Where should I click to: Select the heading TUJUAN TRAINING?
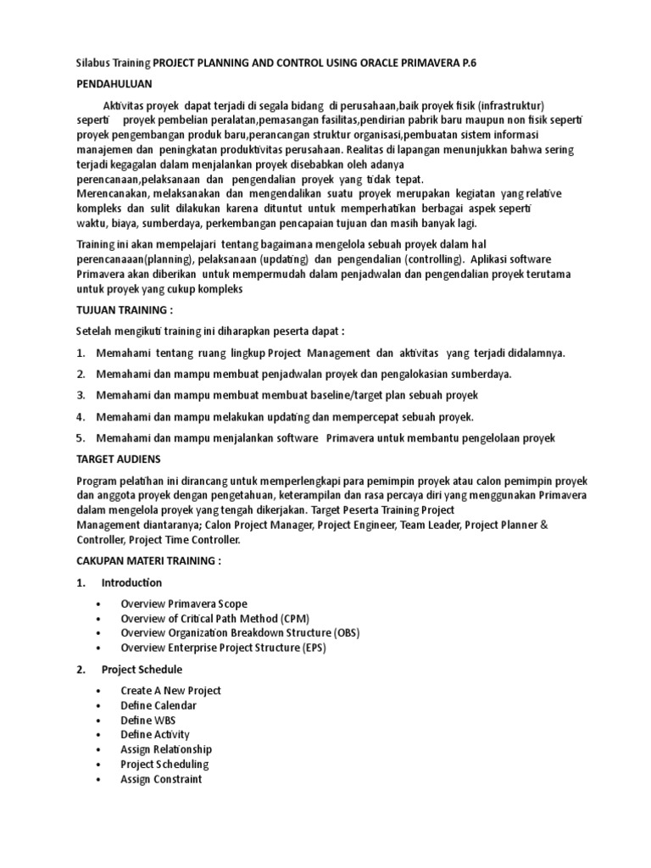[124, 311]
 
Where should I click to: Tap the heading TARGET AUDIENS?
[120, 458]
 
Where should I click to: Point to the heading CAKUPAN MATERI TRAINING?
[147, 561]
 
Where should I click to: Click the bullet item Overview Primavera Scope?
[184, 604]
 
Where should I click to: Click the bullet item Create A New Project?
[170, 690]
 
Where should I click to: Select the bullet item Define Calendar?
[159, 705]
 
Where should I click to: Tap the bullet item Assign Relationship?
[166, 749]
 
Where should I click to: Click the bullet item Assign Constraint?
[161, 779]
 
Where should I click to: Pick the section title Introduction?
[131, 582]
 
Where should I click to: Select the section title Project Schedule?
[142, 670]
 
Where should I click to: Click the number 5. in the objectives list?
[81, 438]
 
